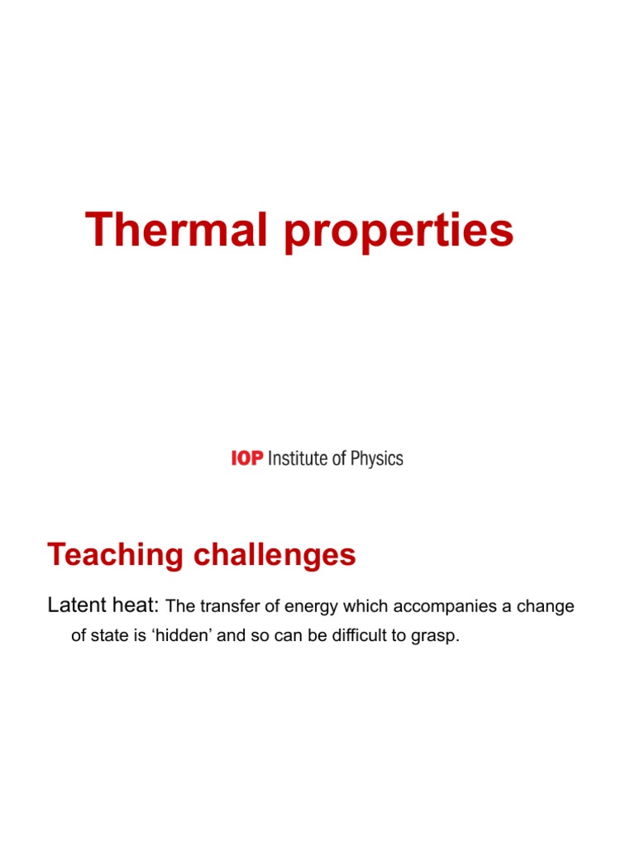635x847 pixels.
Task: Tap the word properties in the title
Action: click(x=399, y=232)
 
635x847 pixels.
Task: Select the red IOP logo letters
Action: click(x=246, y=457)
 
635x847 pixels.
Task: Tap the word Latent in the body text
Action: click(x=74, y=606)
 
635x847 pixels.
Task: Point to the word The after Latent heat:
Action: click(x=179, y=607)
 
